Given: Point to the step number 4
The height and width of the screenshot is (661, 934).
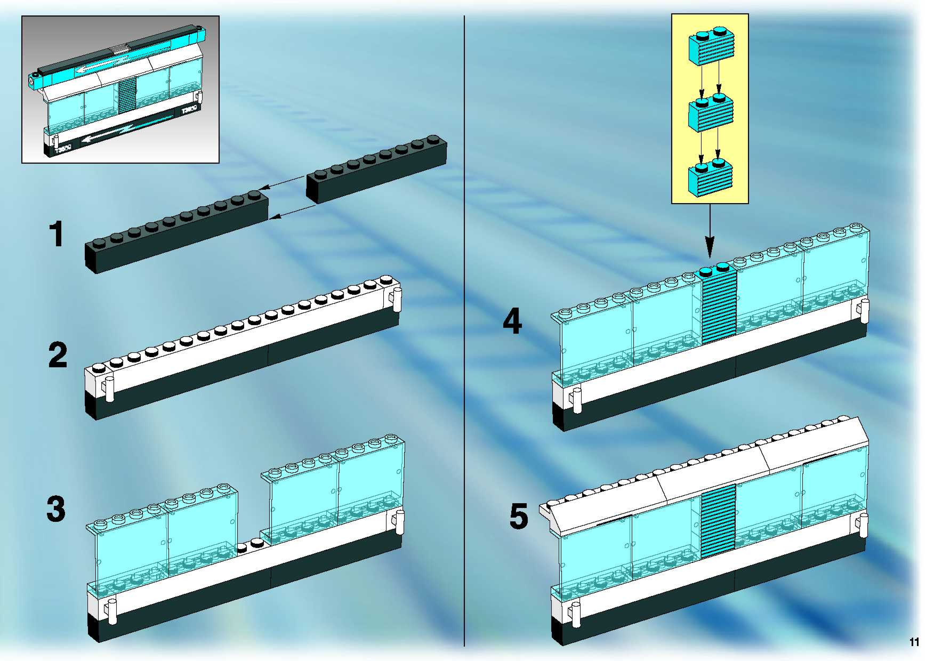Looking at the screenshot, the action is (x=512, y=321).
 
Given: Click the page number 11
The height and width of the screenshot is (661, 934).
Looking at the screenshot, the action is (x=914, y=642).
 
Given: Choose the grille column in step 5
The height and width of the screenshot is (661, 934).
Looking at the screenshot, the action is (x=719, y=521).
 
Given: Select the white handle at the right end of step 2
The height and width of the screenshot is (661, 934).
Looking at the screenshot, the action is (x=397, y=300).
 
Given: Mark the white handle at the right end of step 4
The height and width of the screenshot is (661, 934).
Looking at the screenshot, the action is (x=864, y=312).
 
